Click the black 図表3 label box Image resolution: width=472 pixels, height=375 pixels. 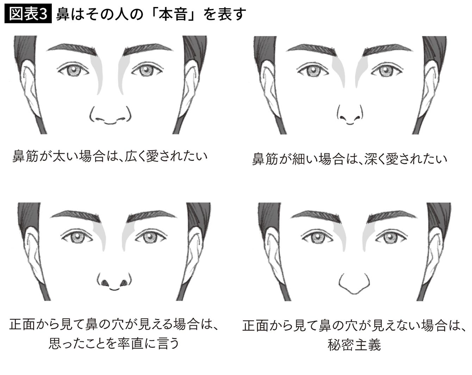click(x=28, y=13)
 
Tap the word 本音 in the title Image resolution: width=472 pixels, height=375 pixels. click(x=173, y=14)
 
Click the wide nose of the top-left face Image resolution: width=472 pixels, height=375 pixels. click(x=110, y=115)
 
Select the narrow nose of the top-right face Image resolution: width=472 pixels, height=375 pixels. click(x=350, y=115)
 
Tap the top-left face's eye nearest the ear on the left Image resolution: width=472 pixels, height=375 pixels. click(x=73, y=69)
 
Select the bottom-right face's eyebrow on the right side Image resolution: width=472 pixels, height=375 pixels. click(x=392, y=217)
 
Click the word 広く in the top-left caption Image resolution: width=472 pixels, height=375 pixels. click(x=135, y=156)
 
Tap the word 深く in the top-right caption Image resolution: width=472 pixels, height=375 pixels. click(x=374, y=159)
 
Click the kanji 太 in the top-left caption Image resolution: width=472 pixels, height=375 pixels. click(x=59, y=156)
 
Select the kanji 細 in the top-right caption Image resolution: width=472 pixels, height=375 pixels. click(x=299, y=159)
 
